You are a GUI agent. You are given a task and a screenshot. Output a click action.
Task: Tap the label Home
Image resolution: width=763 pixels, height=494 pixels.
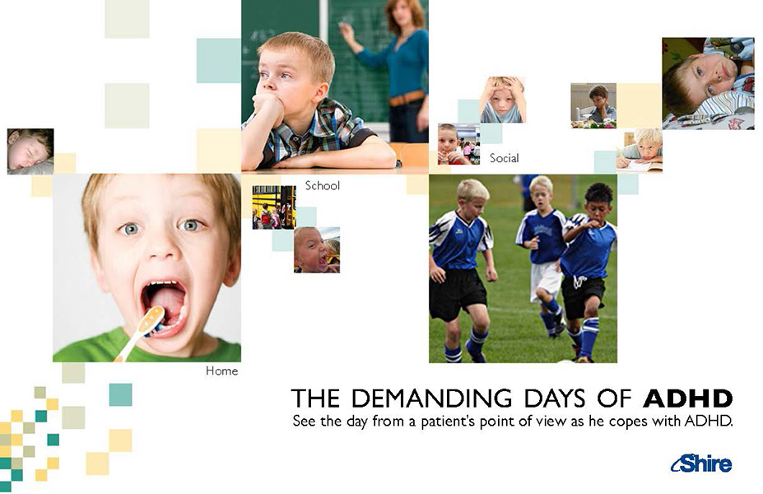pos(222,370)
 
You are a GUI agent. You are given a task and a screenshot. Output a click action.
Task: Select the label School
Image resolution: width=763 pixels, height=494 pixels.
pos(322,185)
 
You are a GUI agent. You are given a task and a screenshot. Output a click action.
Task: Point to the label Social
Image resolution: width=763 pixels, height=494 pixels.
pos(504,158)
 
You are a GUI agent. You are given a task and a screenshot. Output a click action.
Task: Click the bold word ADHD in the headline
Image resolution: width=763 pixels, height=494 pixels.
pos(687,398)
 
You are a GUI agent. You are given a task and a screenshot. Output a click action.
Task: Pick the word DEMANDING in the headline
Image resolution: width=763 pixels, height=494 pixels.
pos(431,398)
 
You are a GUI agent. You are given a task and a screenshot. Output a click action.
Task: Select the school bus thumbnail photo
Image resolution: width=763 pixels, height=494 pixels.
pos(274,207)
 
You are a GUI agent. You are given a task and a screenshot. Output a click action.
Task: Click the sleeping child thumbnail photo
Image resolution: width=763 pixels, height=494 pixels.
pos(30,151)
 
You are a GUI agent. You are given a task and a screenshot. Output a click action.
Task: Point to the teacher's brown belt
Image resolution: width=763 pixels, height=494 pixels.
pos(407,98)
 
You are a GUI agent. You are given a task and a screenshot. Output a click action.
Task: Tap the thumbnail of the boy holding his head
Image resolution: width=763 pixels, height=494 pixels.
pos(503,100)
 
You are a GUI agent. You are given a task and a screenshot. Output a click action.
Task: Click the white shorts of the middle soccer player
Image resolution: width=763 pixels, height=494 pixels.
pos(545,281)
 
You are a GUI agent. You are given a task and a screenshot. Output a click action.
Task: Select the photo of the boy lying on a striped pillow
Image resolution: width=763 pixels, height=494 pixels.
pos(709,83)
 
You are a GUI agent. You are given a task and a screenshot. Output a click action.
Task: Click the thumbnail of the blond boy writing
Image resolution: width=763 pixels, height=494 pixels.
pos(639,150)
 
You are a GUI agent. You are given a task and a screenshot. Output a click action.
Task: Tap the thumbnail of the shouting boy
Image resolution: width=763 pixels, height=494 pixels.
pos(317,249)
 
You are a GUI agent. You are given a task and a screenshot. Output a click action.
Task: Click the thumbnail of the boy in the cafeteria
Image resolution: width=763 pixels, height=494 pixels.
pos(459,144)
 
